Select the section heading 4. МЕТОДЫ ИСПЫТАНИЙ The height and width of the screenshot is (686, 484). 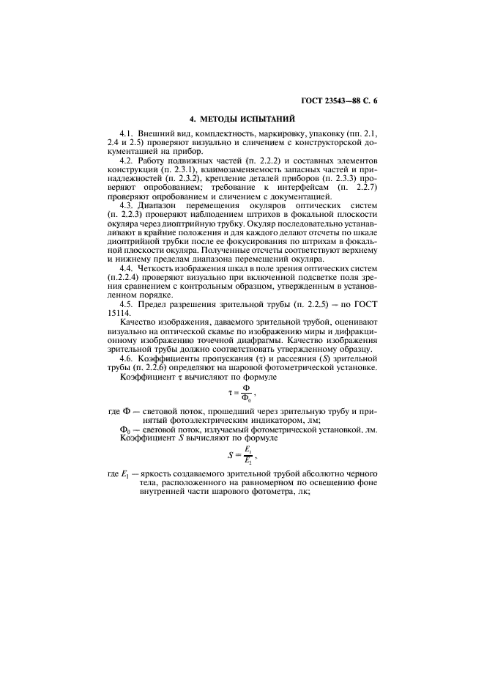click(x=242, y=117)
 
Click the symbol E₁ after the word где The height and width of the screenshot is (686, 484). click(x=124, y=477)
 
